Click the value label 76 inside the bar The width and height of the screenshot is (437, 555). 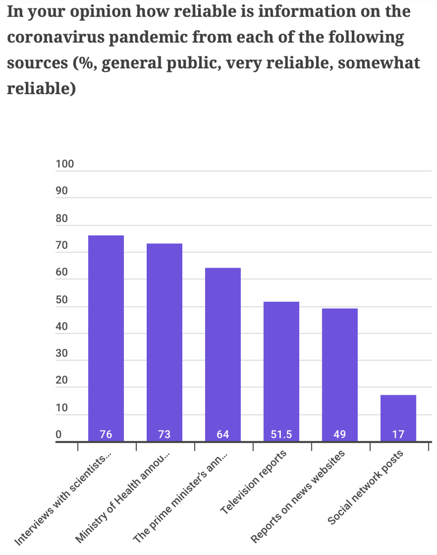point(106,435)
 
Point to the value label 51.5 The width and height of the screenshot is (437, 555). point(281,435)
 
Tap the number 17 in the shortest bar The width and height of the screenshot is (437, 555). point(398,435)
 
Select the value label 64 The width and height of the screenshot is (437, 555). point(223,435)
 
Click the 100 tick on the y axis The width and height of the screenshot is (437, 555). point(65,164)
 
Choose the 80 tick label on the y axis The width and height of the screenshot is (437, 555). point(62,219)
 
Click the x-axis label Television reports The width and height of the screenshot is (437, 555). point(253,482)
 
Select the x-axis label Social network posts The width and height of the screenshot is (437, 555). point(366,487)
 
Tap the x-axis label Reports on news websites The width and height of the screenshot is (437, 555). point(298,497)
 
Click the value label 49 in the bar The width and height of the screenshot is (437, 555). point(339,435)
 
